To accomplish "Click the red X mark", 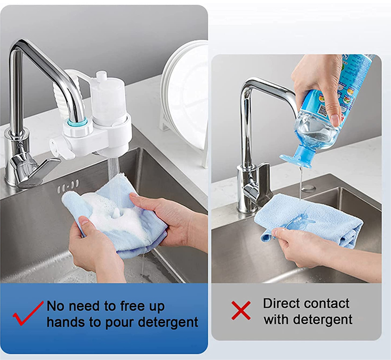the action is click(x=241, y=310).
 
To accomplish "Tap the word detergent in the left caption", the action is click(x=168, y=322).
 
